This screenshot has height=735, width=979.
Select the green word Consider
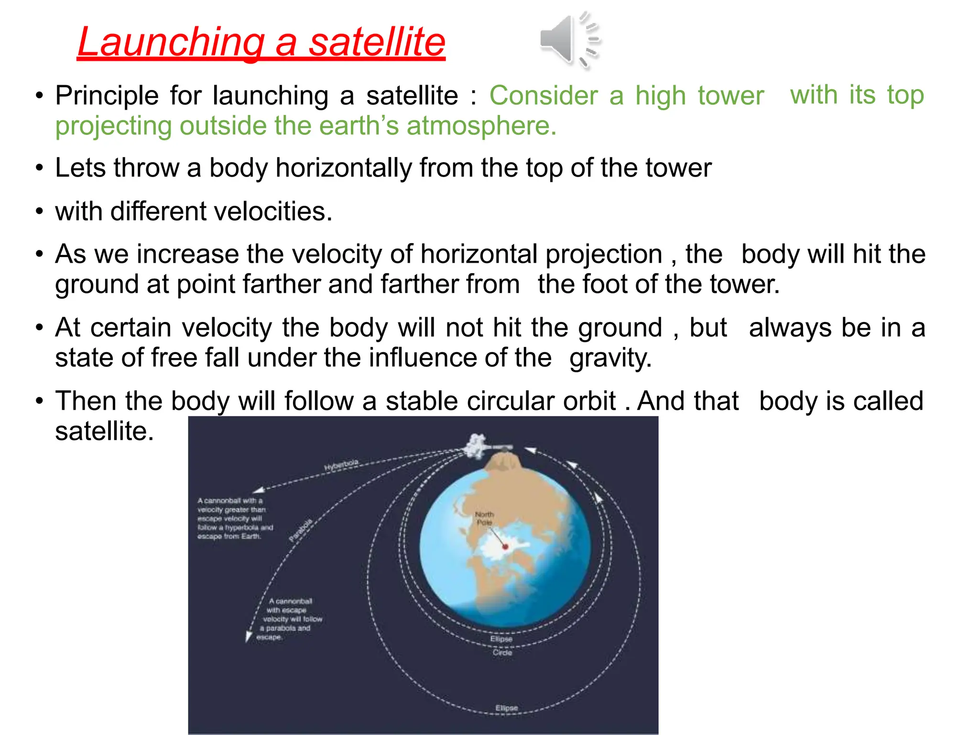pyautogui.click(x=543, y=95)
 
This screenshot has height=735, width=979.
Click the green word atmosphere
pyautogui.click(x=481, y=126)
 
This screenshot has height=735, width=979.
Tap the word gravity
pyautogui.click(x=610, y=357)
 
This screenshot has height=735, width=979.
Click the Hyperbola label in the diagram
pyautogui.click(x=341, y=465)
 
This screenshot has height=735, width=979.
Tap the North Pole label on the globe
pyautogui.click(x=484, y=518)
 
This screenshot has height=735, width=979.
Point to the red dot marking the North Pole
pyautogui.click(x=505, y=546)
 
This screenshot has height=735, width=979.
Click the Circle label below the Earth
pyautogui.click(x=502, y=652)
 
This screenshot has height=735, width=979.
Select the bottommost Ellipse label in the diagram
pyautogui.click(x=506, y=708)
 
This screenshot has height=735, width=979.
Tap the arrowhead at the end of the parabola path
pyautogui.click(x=248, y=636)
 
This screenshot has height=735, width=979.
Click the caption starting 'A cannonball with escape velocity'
pyautogui.click(x=290, y=619)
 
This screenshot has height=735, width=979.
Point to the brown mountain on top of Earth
pyautogui.click(x=502, y=462)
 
